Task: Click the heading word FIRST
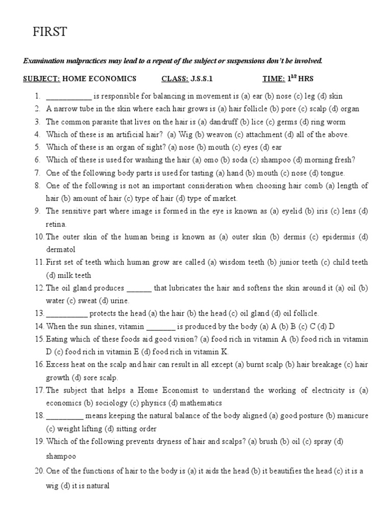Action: (50, 33)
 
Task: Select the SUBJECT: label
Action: (42, 79)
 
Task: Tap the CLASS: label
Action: (175, 79)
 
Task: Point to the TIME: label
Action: (273, 79)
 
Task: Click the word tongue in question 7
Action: (333, 173)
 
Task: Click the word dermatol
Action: (61, 249)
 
